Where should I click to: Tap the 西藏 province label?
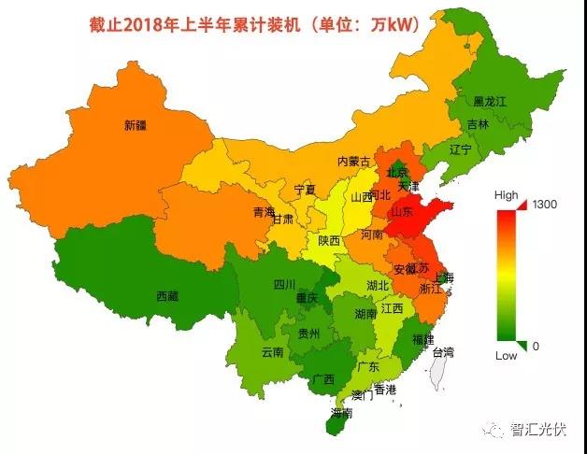click(167, 296)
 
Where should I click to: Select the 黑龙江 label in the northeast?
click(491, 101)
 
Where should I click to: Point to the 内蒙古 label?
click(353, 162)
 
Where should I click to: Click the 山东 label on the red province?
click(403, 212)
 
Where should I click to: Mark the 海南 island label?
click(341, 412)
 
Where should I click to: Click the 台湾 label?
click(442, 352)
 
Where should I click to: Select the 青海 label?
click(264, 213)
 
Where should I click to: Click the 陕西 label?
click(329, 240)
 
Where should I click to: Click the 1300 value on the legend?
click(541, 204)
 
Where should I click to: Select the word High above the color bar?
click(506, 194)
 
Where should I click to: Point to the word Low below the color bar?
click(506, 356)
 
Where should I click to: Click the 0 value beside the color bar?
click(535, 346)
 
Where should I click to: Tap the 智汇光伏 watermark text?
click(537, 430)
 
